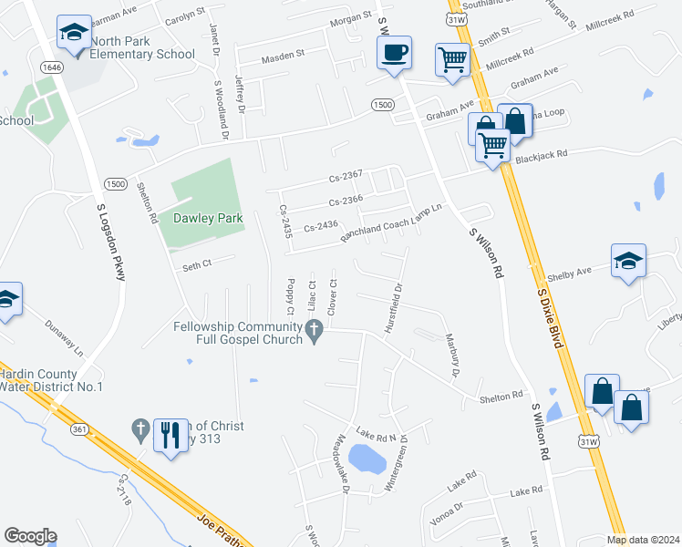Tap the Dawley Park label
(x=194, y=219)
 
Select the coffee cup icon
(x=394, y=53)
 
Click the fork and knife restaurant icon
(x=169, y=436)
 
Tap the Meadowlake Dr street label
(x=342, y=462)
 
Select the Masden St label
(x=283, y=57)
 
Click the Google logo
(x=30, y=536)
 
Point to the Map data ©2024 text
(x=643, y=540)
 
